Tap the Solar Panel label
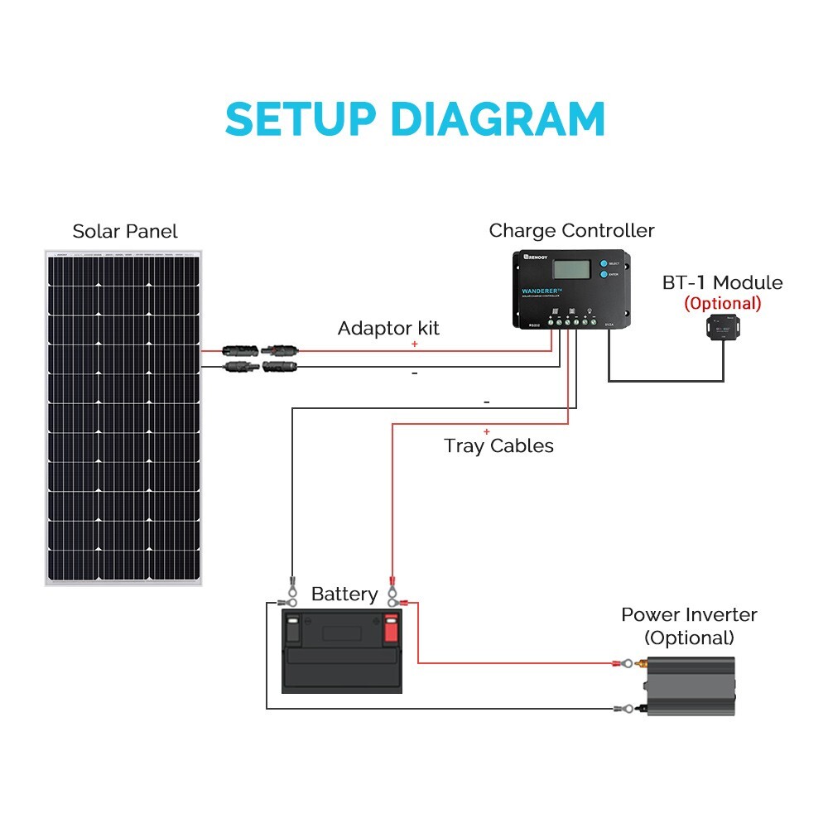click(125, 231)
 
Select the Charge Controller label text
click(571, 230)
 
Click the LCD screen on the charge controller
click(572, 271)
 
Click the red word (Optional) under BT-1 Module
click(722, 303)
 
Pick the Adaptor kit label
click(388, 328)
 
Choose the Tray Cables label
click(498, 445)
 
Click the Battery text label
click(344, 594)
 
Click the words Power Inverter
click(689, 615)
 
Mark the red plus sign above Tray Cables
click(486, 431)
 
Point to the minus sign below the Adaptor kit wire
click(414, 374)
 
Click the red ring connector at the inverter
click(626, 663)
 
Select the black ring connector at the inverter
click(626, 709)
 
